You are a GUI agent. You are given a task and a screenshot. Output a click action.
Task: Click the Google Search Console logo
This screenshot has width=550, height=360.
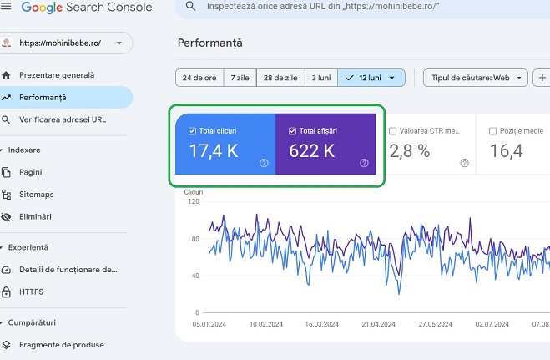(87, 8)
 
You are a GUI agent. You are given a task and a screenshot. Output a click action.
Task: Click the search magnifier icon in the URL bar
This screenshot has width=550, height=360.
(191, 7)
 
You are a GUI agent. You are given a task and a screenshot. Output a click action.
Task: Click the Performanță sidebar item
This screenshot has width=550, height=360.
(43, 97)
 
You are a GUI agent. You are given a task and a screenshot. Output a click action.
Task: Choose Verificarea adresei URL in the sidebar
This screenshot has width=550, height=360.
(63, 119)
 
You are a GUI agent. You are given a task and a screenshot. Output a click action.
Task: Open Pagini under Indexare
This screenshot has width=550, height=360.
(31, 172)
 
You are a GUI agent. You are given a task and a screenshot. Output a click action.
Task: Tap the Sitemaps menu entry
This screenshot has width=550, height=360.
(36, 194)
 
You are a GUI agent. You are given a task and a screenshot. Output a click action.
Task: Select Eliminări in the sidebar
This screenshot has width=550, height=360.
(35, 216)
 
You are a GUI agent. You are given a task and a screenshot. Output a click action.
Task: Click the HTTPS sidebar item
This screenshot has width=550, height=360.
(31, 292)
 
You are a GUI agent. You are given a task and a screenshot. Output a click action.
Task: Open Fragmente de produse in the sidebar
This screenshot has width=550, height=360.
(61, 344)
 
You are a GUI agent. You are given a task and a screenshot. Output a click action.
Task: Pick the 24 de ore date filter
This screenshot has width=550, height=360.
(199, 78)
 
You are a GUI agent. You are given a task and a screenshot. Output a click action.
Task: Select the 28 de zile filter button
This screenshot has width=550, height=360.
(280, 78)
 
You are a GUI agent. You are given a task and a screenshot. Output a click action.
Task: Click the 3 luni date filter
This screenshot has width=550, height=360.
(320, 78)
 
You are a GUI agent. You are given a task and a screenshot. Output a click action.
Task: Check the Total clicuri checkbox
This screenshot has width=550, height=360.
(193, 131)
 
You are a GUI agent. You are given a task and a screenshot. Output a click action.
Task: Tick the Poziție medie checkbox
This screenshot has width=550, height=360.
(492, 131)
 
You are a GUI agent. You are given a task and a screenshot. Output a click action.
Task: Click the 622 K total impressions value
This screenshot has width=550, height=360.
(312, 151)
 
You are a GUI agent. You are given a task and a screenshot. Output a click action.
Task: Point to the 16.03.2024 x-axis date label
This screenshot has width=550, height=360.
(320, 323)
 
